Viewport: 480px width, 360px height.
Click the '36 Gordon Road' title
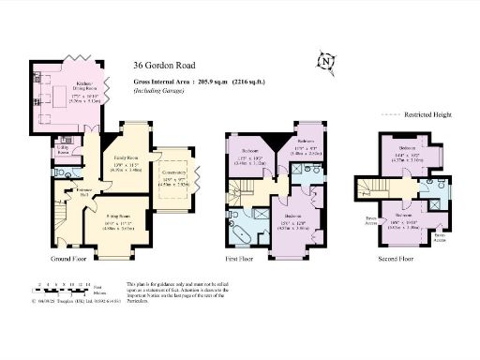165,67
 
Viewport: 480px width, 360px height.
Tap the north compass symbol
327,62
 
